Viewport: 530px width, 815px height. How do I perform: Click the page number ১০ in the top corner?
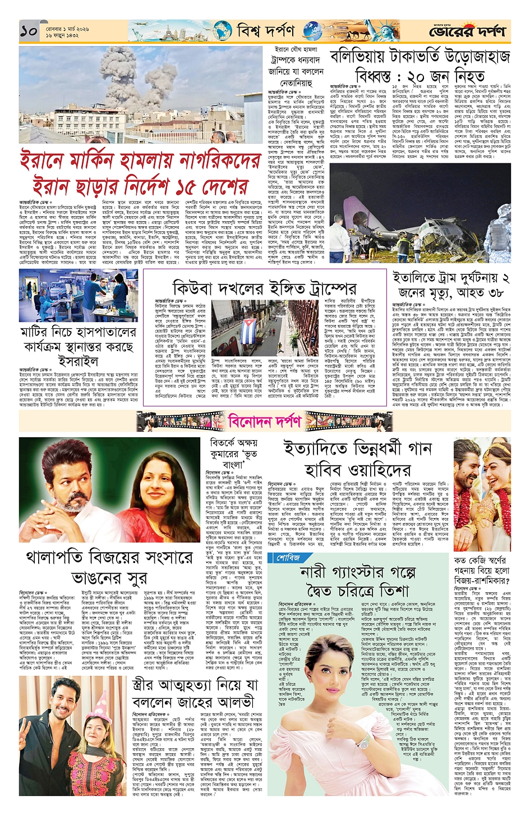point(29,31)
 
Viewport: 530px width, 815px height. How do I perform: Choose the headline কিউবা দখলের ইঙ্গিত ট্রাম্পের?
point(264,288)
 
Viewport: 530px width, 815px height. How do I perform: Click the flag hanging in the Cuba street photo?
point(248,326)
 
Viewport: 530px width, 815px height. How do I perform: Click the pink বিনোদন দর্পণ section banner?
point(264,421)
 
